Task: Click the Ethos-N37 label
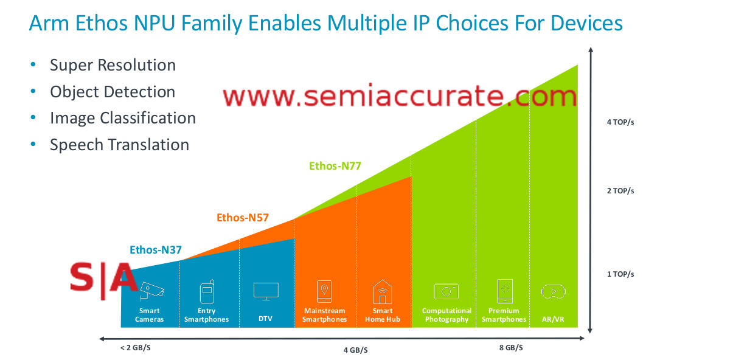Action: tap(156, 250)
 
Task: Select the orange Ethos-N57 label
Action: tap(243, 218)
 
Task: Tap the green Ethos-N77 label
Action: tap(335, 166)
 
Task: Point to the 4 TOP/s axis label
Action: tap(620, 122)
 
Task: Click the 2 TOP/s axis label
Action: tap(620, 191)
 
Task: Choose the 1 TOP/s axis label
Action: tap(620, 274)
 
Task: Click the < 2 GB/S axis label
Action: tap(136, 348)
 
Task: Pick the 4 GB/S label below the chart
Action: tap(355, 350)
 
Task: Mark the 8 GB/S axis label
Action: tap(511, 348)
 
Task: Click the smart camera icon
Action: tap(151, 291)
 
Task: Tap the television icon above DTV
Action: tap(266, 291)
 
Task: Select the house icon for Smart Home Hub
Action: tap(382, 291)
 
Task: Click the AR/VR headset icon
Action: tap(554, 291)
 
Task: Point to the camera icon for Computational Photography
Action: tap(446, 291)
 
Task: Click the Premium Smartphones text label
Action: tap(504, 315)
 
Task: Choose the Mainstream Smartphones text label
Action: tap(325, 315)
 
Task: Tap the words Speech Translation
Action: tap(120, 145)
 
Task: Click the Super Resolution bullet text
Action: tap(113, 65)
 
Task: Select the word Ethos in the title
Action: tap(101, 24)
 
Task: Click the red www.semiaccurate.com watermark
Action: tap(400, 96)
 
